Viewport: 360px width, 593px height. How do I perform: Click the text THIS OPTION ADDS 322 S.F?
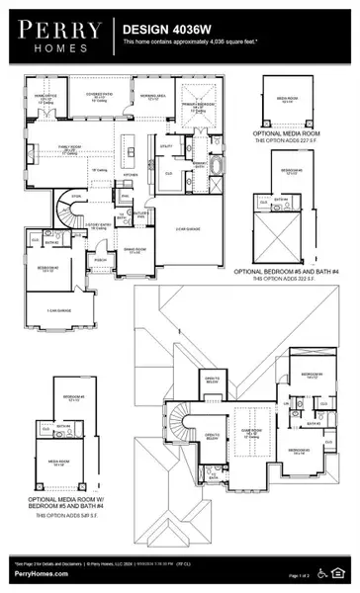coord(298,278)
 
